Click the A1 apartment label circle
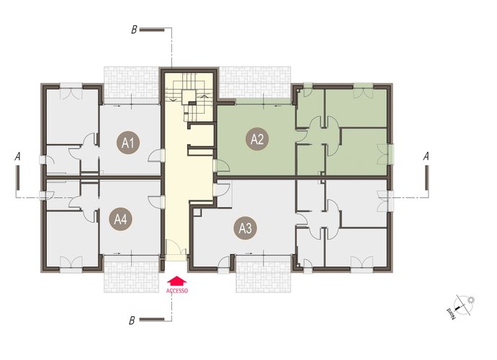click(127, 143)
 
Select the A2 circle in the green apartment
click(257, 139)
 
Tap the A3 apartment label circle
click(246, 228)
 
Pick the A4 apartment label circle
click(120, 219)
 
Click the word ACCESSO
click(177, 291)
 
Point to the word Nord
click(451, 313)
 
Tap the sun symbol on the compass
click(471, 300)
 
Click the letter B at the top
click(134, 30)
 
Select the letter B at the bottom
click(132, 320)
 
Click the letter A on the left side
click(18, 156)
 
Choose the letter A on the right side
click(426, 156)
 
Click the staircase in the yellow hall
click(189, 96)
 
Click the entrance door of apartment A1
click(156, 156)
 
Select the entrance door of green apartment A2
click(221, 166)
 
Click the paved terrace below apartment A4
click(131, 274)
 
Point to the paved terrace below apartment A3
click(264, 274)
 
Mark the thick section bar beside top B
click(152, 30)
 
